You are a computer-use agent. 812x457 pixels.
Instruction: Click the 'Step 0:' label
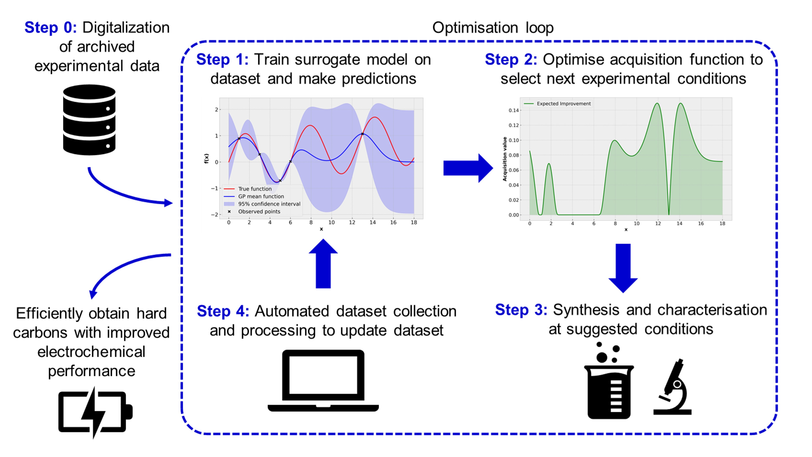coord(51,27)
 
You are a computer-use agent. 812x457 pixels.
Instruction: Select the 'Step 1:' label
coord(222,60)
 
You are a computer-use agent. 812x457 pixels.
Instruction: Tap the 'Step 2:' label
coord(511,60)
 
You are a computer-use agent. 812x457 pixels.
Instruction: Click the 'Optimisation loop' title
coord(493,28)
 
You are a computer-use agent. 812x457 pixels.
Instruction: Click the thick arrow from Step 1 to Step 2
coord(468,168)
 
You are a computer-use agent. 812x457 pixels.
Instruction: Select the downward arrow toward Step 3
coord(623,268)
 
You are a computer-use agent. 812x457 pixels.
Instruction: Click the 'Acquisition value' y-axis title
coord(505,159)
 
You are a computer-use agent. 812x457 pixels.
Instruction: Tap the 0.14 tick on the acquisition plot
coord(514,110)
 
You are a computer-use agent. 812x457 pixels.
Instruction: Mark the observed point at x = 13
coord(362,134)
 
